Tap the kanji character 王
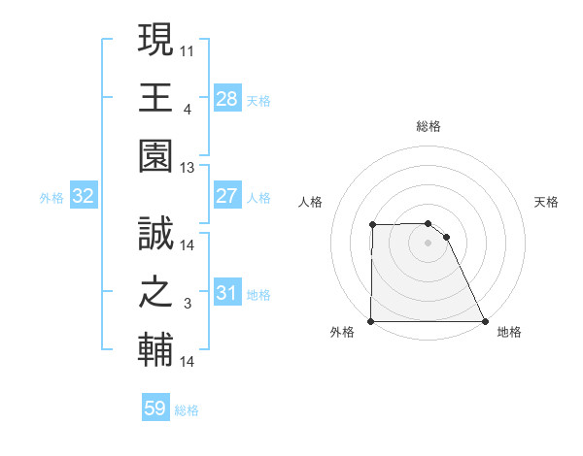pos(155,98)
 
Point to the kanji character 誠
pos(155,233)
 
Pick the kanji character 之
pos(155,292)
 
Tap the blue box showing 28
pos(226,98)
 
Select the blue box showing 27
pos(226,196)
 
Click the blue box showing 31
pos(226,293)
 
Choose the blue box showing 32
pos(83,196)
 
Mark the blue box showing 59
pos(154,408)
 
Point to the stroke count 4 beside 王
pos(188,110)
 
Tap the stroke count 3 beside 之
pos(188,305)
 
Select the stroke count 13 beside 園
pos(188,169)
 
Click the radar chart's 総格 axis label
pos(429,126)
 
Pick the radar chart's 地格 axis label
pos(509,333)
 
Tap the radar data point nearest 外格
pos(371,321)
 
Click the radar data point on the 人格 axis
pos(373,225)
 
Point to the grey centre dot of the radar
pos(429,243)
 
